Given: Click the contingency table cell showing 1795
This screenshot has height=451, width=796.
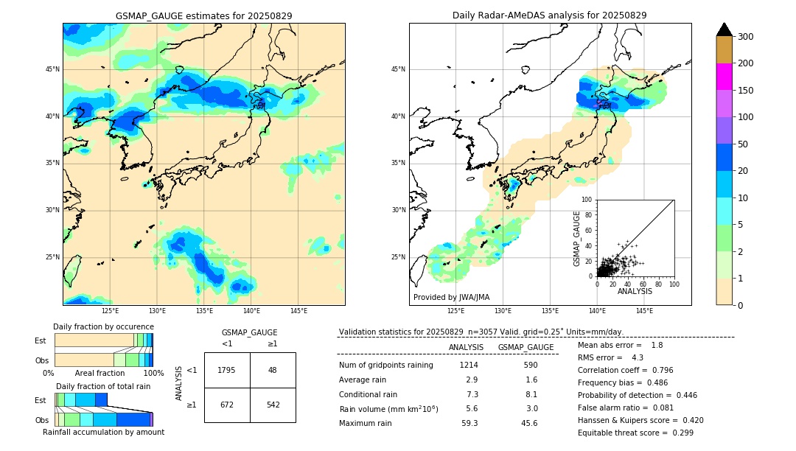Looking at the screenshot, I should pyautogui.click(x=227, y=370).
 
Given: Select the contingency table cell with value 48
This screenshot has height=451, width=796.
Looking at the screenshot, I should pyautogui.click(x=273, y=370).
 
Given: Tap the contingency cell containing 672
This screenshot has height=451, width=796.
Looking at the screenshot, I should pyautogui.click(x=227, y=405).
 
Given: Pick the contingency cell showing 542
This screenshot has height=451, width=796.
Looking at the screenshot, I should pyautogui.click(x=273, y=405).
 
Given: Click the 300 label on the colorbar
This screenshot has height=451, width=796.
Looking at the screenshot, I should pyautogui.click(x=746, y=37).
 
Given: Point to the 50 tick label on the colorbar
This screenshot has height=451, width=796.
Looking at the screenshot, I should pyautogui.click(x=743, y=144).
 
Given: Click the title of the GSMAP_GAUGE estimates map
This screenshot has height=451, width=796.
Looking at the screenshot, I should pyautogui.click(x=203, y=15).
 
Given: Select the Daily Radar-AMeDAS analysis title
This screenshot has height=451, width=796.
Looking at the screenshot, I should pyautogui.click(x=549, y=15).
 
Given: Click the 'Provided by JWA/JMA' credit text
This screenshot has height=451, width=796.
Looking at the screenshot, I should pyautogui.click(x=451, y=298).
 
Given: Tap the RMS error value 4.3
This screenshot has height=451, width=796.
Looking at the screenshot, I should pyautogui.click(x=638, y=357).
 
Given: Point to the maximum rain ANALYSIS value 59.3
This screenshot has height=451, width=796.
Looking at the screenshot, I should pyautogui.click(x=469, y=423).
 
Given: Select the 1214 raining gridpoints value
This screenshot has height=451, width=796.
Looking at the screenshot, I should pyautogui.click(x=469, y=365).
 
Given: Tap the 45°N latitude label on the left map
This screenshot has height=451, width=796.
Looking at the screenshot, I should pyautogui.click(x=52, y=69).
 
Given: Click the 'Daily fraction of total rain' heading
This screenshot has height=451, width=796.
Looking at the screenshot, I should pyautogui.click(x=103, y=386).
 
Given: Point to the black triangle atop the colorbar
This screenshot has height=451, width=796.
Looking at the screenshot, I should pyautogui.click(x=725, y=29).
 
